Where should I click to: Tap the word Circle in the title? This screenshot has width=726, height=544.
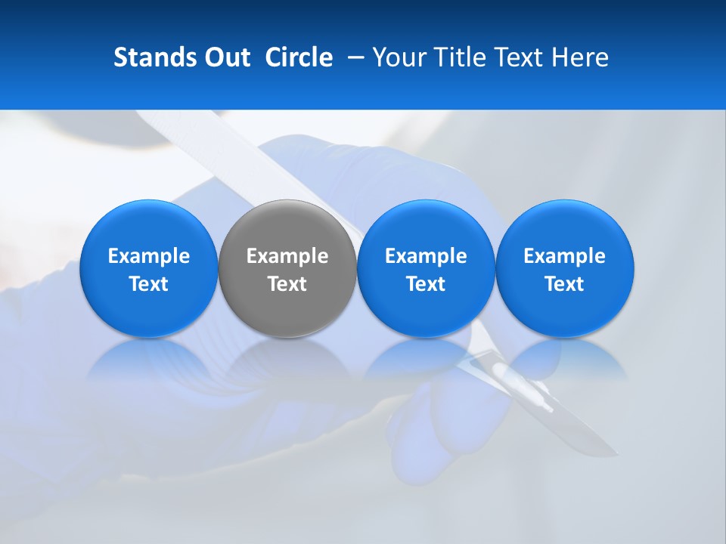(x=299, y=57)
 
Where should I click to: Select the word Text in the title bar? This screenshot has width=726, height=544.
(x=519, y=57)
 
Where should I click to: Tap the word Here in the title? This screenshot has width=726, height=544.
(x=579, y=57)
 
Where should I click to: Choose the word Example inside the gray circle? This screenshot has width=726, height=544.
(x=287, y=256)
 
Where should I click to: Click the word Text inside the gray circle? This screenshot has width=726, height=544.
(x=287, y=284)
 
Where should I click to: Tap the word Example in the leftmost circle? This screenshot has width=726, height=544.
(x=148, y=256)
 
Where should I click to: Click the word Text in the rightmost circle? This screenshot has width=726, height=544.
(x=565, y=284)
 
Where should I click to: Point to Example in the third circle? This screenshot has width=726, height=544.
(x=426, y=256)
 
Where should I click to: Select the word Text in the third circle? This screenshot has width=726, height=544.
(x=426, y=284)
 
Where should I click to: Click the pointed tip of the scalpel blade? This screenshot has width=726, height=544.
(x=616, y=454)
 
